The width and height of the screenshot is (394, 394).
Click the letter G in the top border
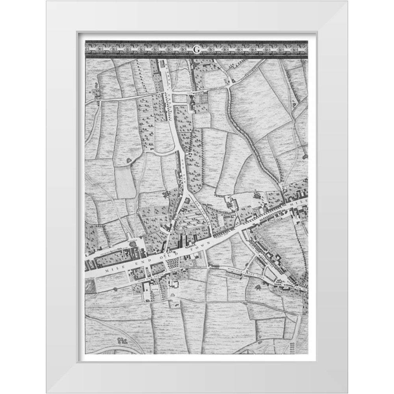[x=196, y=49]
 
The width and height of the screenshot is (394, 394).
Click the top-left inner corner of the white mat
[x=78, y=33]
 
